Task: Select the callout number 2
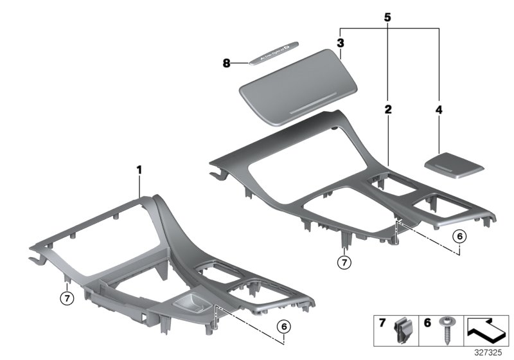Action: click(388, 110)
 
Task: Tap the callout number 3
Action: click(341, 43)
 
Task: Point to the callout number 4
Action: click(439, 110)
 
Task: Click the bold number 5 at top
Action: click(388, 17)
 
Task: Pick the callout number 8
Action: click(226, 63)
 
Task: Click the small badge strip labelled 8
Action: click(274, 57)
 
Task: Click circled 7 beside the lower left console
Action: click(66, 297)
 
